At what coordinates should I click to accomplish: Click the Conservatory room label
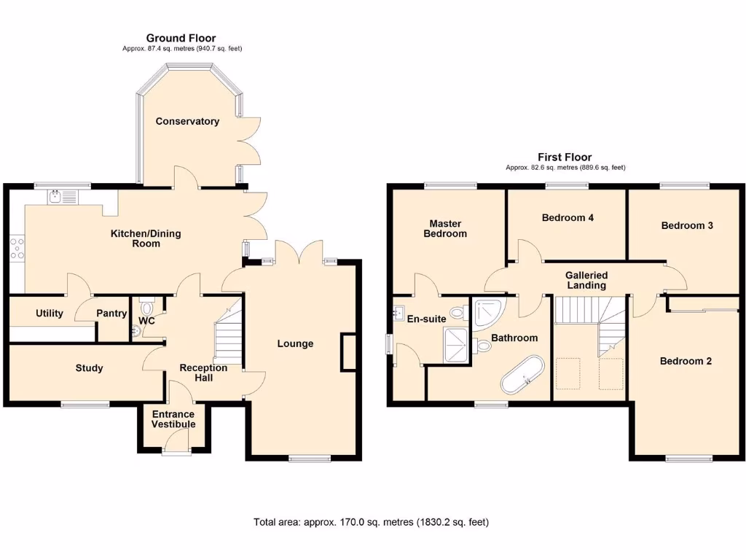187,121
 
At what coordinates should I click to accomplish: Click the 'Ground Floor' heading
181,38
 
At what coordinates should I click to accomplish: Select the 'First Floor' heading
565,157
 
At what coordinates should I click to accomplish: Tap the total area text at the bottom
371,522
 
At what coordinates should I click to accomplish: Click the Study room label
89,368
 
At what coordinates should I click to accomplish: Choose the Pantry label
111,314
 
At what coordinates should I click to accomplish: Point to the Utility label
50,314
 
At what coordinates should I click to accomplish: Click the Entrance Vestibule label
173,419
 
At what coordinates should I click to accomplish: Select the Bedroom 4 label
568,217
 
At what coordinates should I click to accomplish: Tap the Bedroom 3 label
686,225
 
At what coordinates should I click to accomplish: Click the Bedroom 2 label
686,361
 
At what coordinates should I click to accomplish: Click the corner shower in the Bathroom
486,311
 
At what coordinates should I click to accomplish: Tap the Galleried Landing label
586,280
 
